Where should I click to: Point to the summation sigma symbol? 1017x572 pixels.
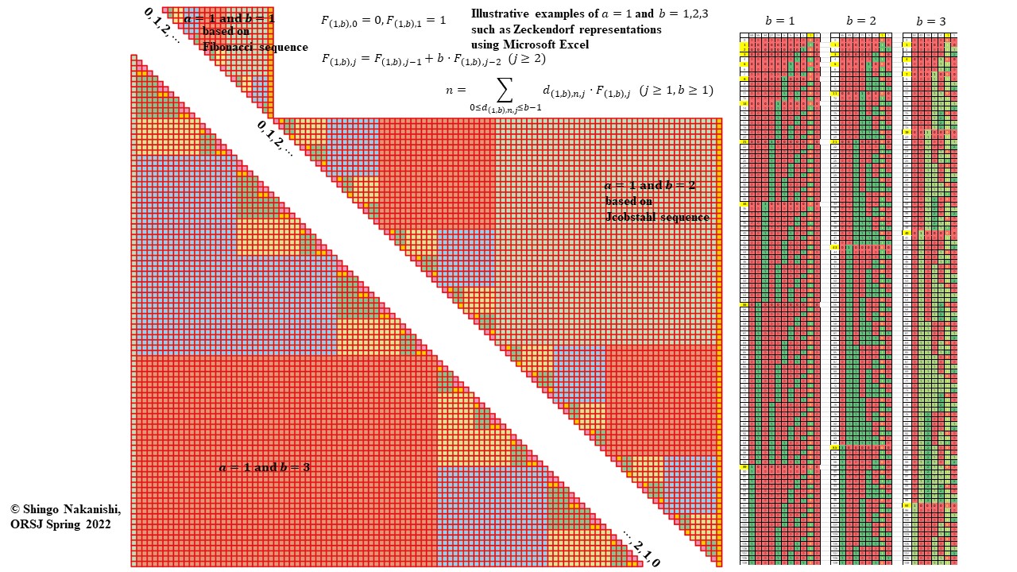coord(505,89)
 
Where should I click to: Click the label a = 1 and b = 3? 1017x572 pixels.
coord(264,467)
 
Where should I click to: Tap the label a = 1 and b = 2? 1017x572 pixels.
coord(649,185)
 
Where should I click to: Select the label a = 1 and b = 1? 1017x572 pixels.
coord(229,17)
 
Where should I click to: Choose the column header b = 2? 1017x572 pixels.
coord(861,21)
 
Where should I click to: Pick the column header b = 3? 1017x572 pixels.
coord(930,21)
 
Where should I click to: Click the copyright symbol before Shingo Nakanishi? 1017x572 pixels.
coord(15,508)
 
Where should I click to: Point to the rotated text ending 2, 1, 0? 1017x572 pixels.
coord(641,548)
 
